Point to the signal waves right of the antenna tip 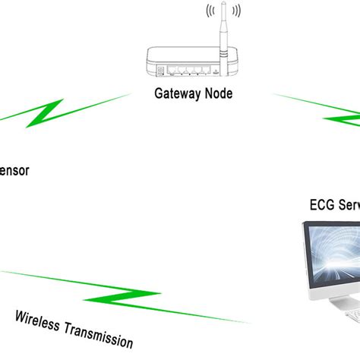pyautogui.click(x=238, y=12)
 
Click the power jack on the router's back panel pyautogui.click(x=159, y=71)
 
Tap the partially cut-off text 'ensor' pyautogui.click(x=14, y=171)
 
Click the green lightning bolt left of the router pyautogui.click(x=46, y=114)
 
